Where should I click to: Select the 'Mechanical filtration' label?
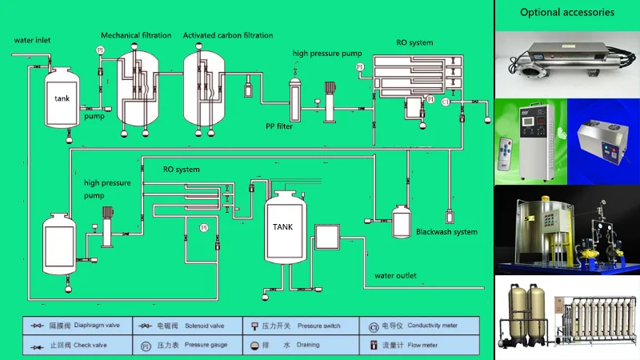tap(136, 35)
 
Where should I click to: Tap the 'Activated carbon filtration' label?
tap(228, 35)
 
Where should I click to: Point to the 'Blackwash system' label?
tap(446, 232)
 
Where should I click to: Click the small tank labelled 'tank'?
tap(62, 98)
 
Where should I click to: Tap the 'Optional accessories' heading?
tap(567, 12)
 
